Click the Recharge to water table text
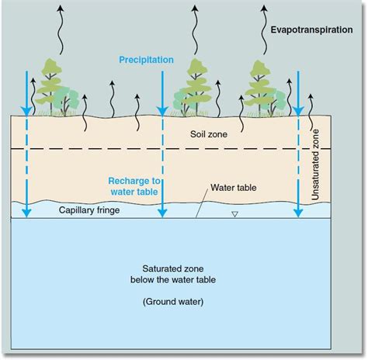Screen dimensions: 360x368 point(134,186)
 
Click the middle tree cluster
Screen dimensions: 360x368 point(194,88)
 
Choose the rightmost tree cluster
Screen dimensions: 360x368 point(262,88)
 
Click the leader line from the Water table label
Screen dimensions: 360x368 point(203,201)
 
